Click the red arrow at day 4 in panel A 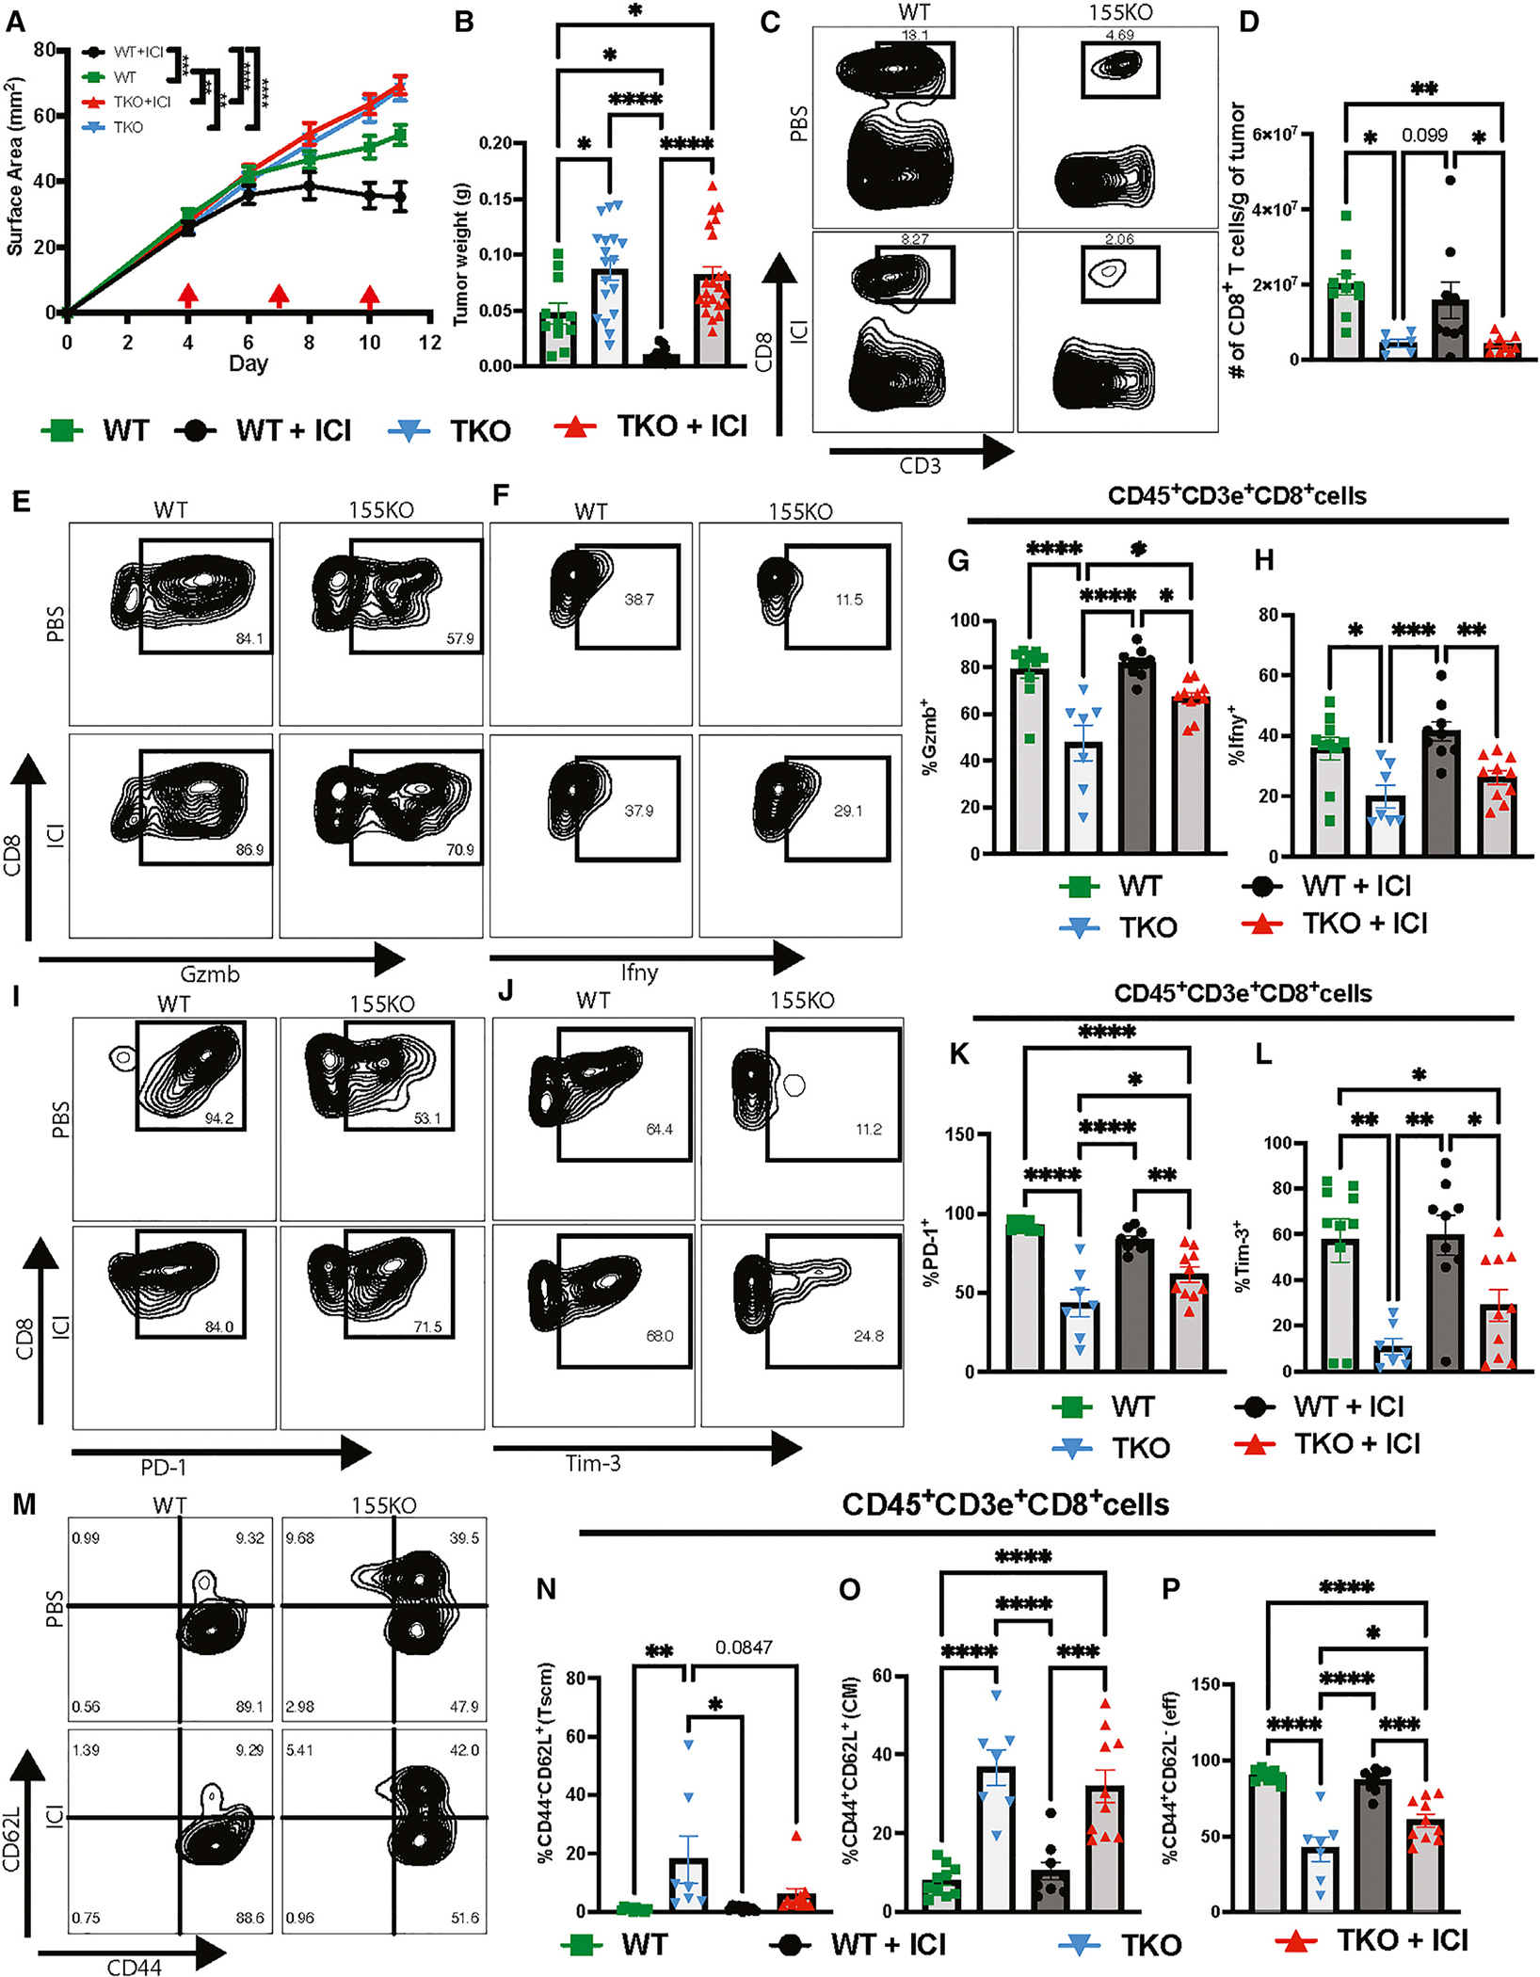pos(188,295)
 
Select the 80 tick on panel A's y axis pos(43,49)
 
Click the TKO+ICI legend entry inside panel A pos(142,102)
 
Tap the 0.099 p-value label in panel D pos(1424,136)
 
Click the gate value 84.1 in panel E pos(249,639)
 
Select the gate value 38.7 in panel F pos(638,600)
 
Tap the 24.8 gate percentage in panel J pos(868,1336)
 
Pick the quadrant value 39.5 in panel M pos(464,1538)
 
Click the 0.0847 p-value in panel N pos(744,1647)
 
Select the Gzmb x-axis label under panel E pos(209,974)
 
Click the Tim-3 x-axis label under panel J pos(593,1463)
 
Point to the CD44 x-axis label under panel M pos(135,1966)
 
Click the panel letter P pos(1172,1590)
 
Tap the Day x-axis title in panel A pos(249,364)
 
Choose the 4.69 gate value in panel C pos(1119,36)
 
